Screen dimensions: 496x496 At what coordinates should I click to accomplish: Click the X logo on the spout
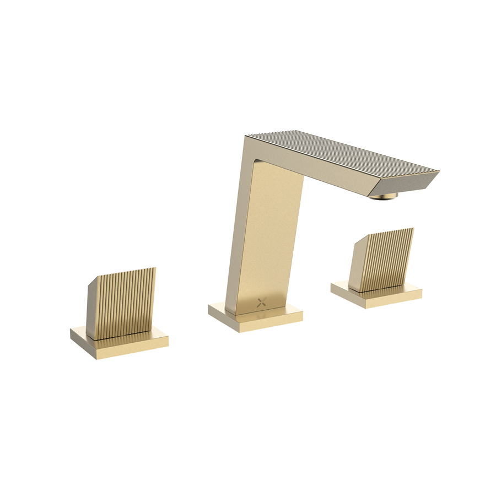262,301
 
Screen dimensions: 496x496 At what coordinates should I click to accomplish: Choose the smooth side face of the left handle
95,306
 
